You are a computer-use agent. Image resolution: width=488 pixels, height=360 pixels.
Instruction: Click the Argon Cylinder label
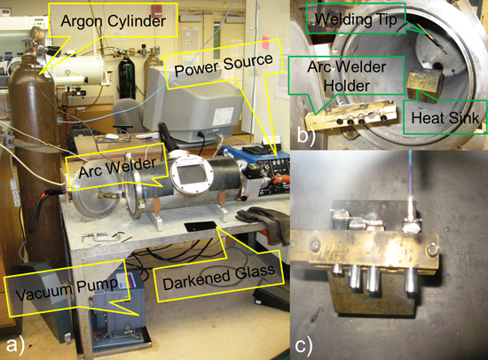(114, 21)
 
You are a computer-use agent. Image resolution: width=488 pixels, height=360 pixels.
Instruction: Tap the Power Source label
(224, 66)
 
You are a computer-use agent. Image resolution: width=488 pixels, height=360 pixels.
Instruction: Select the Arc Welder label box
(117, 168)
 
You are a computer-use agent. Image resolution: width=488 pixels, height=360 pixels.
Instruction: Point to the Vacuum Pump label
(67, 288)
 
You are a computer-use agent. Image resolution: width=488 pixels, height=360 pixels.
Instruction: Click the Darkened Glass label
(219, 276)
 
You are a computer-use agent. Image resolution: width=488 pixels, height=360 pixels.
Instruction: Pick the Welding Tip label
(356, 20)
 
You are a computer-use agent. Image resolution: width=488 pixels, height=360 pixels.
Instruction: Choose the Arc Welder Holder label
(347, 76)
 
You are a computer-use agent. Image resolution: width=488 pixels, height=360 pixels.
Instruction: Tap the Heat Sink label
(445, 118)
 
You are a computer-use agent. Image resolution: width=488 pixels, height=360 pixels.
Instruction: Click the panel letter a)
(15, 345)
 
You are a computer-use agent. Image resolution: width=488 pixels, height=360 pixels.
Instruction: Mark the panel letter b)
(306, 135)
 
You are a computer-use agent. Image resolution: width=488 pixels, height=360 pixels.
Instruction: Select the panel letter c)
(303, 345)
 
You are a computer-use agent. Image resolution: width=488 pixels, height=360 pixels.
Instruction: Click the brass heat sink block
(424, 87)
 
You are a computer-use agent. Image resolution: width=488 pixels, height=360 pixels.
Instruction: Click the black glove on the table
(264, 223)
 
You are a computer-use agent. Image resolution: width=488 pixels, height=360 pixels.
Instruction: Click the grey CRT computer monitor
(193, 103)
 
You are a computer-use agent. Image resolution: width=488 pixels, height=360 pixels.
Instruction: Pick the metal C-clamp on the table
(101, 238)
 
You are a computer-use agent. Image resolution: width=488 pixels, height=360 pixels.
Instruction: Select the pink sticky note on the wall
(265, 43)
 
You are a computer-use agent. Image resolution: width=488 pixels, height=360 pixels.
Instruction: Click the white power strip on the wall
(14, 192)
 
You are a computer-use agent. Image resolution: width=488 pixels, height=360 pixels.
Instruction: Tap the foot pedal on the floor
(272, 299)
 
